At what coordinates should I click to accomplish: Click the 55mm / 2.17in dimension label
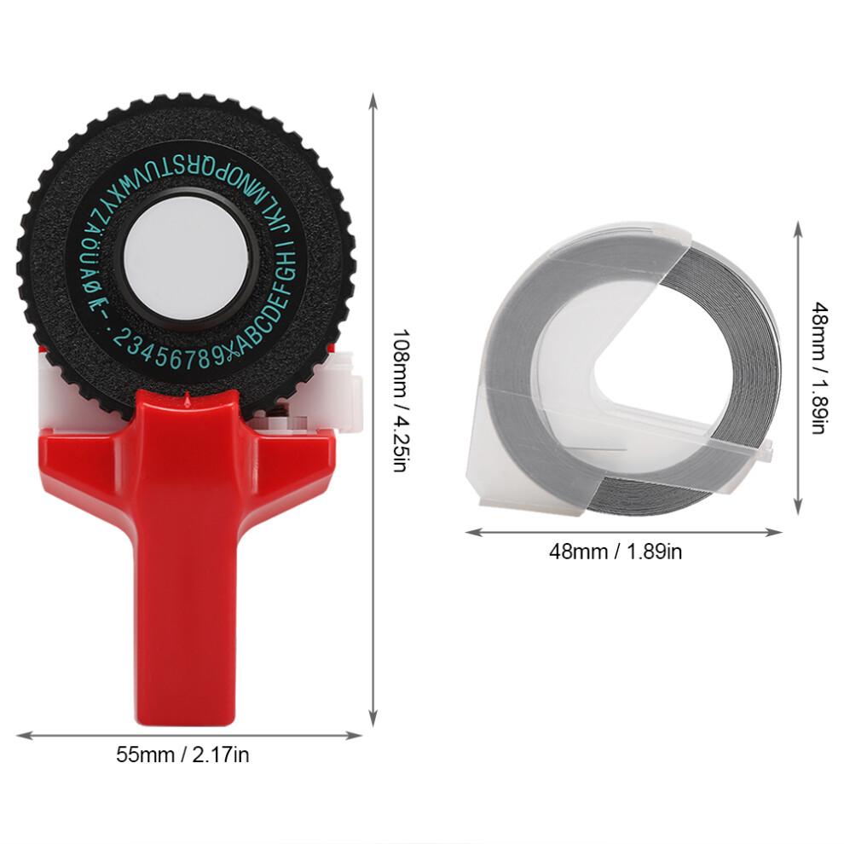pos(183,755)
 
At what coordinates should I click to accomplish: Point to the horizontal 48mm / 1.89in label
pos(616,552)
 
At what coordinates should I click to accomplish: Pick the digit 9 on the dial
pos(217,357)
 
